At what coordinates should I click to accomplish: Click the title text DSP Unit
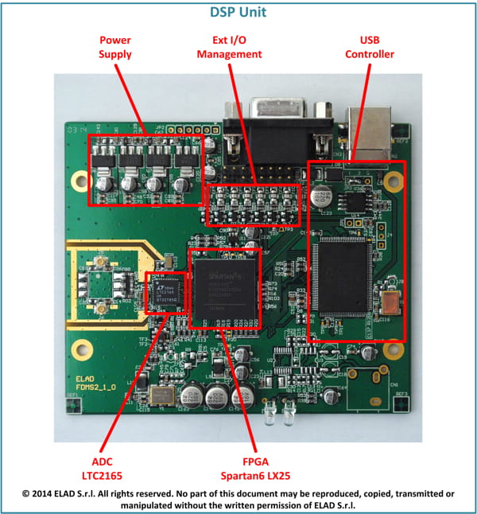click(238, 12)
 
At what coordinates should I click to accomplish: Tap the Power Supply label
click(115, 47)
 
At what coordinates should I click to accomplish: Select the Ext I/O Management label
click(230, 47)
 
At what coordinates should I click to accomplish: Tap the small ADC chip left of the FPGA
click(165, 293)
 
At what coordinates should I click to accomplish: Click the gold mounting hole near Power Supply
click(78, 181)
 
